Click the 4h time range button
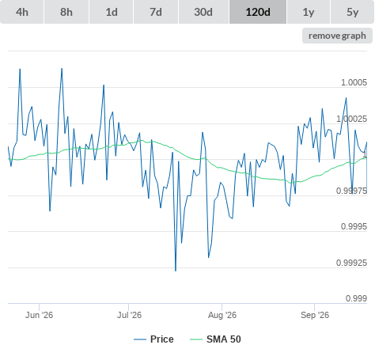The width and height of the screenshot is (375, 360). (x=22, y=12)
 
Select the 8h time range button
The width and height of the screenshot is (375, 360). (x=66, y=12)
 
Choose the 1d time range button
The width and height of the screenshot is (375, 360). (x=112, y=12)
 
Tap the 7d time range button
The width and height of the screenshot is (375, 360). (x=156, y=12)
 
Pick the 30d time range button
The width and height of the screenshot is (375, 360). (x=203, y=12)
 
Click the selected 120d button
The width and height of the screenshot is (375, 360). (x=258, y=12)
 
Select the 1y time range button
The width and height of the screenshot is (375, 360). (x=309, y=12)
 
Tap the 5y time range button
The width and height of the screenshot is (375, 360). (x=352, y=12)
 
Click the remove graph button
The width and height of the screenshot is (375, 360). (x=337, y=36)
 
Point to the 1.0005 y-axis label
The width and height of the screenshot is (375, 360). (x=354, y=82)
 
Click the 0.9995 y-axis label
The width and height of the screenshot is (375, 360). (x=354, y=226)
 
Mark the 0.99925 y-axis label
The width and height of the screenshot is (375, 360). (x=351, y=263)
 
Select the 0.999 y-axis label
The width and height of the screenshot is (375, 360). (x=356, y=298)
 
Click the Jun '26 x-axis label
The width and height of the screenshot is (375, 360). (x=39, y=315)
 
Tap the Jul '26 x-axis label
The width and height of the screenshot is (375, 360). (x=129, y=315)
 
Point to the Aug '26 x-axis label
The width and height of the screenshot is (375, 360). (x=222, y=315)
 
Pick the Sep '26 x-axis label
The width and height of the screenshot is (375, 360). (x=315, y=315)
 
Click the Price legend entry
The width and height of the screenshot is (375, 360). (x=153, y=339)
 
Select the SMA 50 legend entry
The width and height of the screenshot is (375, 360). (x=215, y=339)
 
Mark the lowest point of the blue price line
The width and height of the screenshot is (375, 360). (x=176, y=271)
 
